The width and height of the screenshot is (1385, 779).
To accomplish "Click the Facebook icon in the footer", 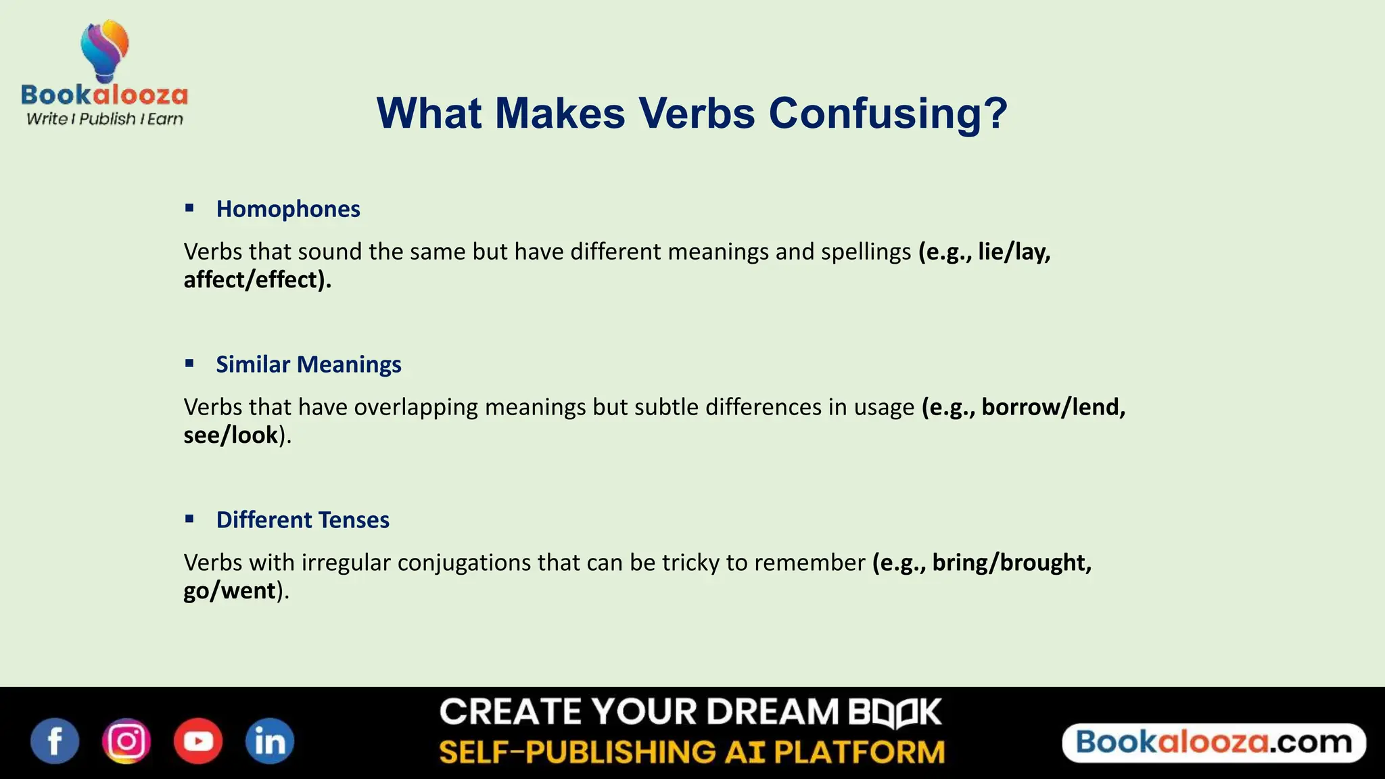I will click(x=55, y=741).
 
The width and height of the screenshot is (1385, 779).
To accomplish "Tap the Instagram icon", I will click(x=126, y=741).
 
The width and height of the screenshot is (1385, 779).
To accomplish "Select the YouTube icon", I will click(x=198, y=741).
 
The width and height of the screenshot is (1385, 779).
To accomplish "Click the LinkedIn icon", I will click(x=269, y=741).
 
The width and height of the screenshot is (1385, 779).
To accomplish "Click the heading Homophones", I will click(x=288, y=209).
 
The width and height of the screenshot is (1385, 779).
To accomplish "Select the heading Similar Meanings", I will click(x=308, y=364).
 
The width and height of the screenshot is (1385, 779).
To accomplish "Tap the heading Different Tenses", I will click(x=302, y=520).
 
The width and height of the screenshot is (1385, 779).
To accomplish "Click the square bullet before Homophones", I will click(x=189, y=208).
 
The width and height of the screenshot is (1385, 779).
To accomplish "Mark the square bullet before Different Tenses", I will click(x=189, y=519).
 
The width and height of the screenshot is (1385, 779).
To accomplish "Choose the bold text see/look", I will click(x=231, y=435).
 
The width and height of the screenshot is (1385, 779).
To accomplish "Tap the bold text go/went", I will click(x=229, y=591).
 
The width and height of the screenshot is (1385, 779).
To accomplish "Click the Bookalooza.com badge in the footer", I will click(x=1214, y=742).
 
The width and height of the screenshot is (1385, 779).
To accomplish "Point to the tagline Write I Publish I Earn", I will click(x=105, y=119).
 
